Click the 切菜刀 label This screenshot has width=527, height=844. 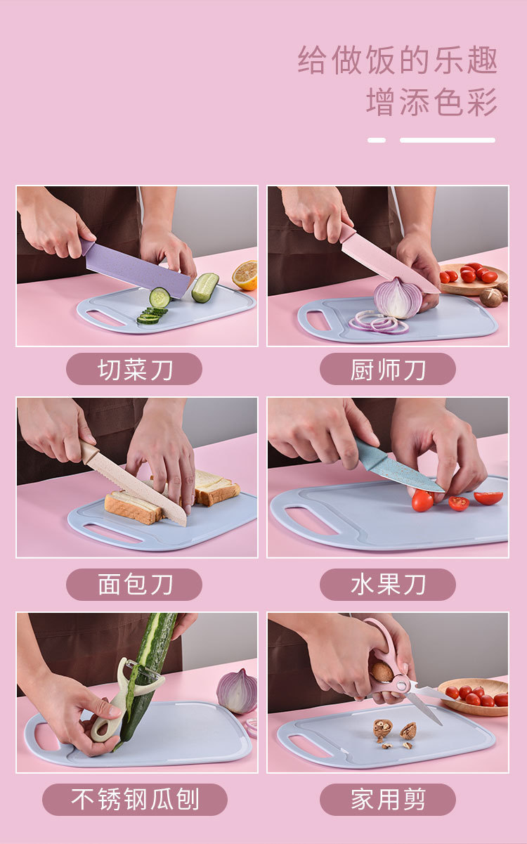pyautogui.click(x=134, y=369)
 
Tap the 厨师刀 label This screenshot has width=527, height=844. pyautogui.click(x=388, y=369)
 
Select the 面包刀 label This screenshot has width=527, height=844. pyautogui.click(x=134, y=585)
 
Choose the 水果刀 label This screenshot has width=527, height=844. pyautogui.click(x=388, y=585)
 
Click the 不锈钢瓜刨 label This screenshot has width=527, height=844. pyautogui.click(x=135, y=800)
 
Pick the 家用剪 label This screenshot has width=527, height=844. pyautogui.click(x=388, y=800)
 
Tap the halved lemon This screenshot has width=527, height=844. pyautogui.click(x=245, y=275)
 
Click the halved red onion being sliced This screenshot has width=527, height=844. pyautogui.click(x=398, y=298)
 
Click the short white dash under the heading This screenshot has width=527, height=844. pyautogui.click(x=377, y=140)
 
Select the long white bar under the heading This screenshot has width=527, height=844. pyautogui.click(x=448, y=140)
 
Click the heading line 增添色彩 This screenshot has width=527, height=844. pyautogui.click(x=431, y=102)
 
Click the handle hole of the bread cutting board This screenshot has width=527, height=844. pyautogui.click(x=113, y=533)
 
